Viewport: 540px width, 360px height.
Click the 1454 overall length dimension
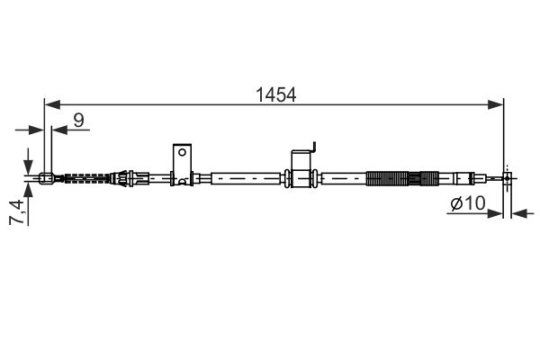[276, 93]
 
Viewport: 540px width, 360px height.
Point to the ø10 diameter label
[467, 205]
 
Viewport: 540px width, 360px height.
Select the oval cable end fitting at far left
[47, 177]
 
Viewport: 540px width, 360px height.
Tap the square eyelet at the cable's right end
[508, 178]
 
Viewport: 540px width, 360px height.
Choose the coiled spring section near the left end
[86, 177]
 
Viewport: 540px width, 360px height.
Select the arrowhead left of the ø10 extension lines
[499, 215]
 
